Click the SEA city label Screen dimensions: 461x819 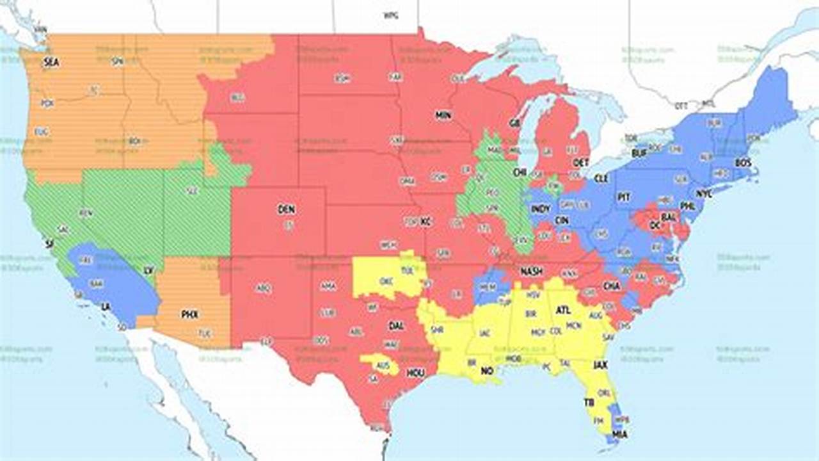(51, 63)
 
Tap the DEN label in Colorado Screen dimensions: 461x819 (286, 209)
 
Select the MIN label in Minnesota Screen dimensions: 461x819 (443, 116)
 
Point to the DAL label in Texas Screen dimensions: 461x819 (396, 326)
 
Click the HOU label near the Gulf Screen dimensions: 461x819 (415, 373)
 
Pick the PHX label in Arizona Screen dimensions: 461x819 (190, 314)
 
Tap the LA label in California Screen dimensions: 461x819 (106, 307)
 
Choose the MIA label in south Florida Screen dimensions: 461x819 (619, 435)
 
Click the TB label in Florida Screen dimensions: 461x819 (589, 403)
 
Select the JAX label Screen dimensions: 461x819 (600, 365)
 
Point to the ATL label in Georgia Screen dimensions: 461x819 (563, 310)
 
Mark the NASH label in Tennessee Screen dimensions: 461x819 (531, 271)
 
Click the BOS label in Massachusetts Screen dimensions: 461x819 (743, 163)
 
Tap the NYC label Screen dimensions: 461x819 (704, 193)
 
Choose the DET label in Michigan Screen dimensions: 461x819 (581, 163)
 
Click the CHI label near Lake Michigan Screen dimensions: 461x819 (519, 172)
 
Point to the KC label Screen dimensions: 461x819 (426, 222)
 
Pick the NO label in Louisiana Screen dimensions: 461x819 (488, 371)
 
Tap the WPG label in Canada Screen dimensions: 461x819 (391, 14)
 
